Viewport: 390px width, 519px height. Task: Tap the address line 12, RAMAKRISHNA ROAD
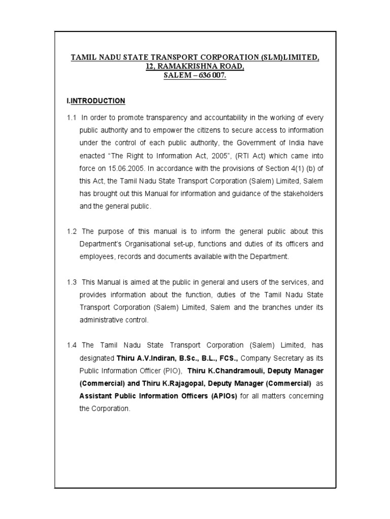click(196, 66)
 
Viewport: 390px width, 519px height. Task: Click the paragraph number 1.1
click(71, 118)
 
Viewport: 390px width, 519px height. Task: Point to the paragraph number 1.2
click(71, 231)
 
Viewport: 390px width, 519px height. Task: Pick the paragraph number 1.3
click(71, 282)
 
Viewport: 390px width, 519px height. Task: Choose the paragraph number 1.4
click(71, 345)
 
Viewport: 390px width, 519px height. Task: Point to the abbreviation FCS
click(227, 358)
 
